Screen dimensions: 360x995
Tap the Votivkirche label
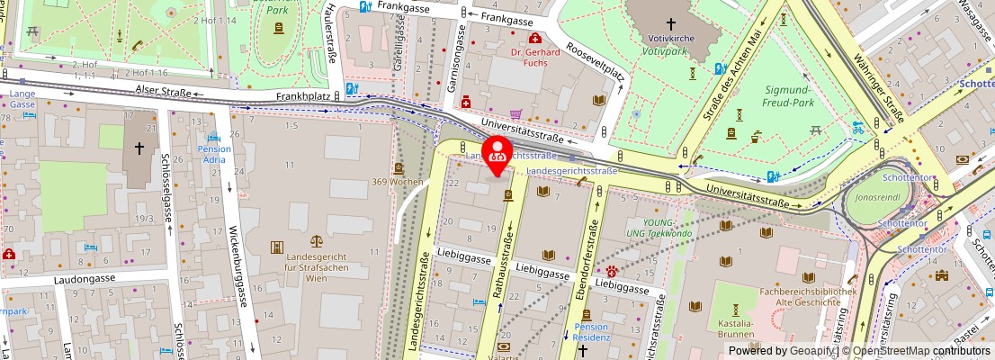(671, 40)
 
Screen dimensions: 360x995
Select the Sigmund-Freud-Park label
(787, 96)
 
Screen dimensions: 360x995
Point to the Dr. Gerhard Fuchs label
(535, 58)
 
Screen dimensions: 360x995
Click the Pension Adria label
(214, 154)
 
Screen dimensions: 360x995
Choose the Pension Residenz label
(591, 332)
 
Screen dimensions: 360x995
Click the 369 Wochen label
(398, 182)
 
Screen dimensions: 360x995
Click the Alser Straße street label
(163, 91)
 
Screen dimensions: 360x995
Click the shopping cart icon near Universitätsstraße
(515, 115)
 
